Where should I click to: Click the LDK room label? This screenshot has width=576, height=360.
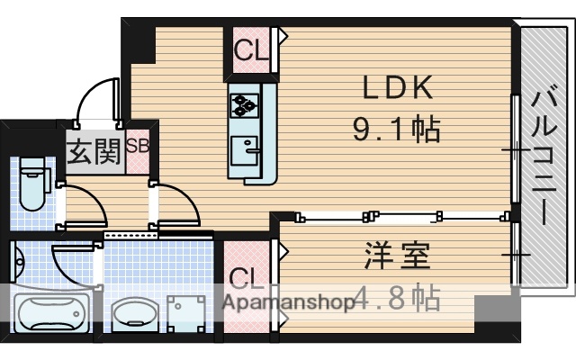(x=399, y=89)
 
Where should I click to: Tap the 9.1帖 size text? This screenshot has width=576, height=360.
(x=395, y=130)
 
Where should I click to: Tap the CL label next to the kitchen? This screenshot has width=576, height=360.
(x=251, y=50)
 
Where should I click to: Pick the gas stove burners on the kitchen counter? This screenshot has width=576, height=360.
(x=244, y=105)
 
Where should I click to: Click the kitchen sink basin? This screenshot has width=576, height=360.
(x=244, y=146)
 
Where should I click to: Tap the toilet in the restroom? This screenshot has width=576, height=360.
(x=33, y=184)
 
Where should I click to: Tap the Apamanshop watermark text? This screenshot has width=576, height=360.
(x=289, y=303)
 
